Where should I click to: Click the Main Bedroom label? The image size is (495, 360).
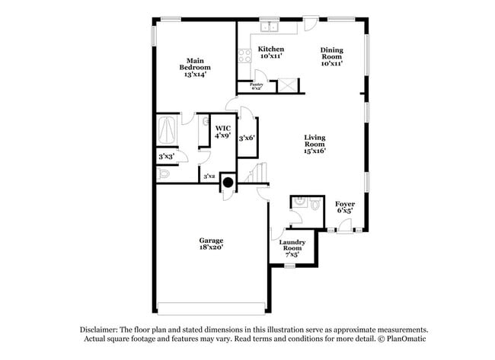(x=196, y=67)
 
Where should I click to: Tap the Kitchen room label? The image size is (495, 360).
(x=270, y=53)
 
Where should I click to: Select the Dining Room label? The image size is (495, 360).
(x=331, y=56)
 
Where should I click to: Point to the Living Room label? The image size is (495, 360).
(x=315, y=144)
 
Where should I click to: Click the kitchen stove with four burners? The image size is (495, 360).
(x=245, y=56)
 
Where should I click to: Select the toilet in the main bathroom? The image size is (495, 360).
(x=164, y=174)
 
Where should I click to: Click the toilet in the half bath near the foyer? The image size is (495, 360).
(x=302, y=202)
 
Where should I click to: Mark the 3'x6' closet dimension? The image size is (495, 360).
(x=246, y=139)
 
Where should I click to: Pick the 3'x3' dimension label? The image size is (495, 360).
(x=165, y=157)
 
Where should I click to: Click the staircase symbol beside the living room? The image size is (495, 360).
(x=259, y=173)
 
